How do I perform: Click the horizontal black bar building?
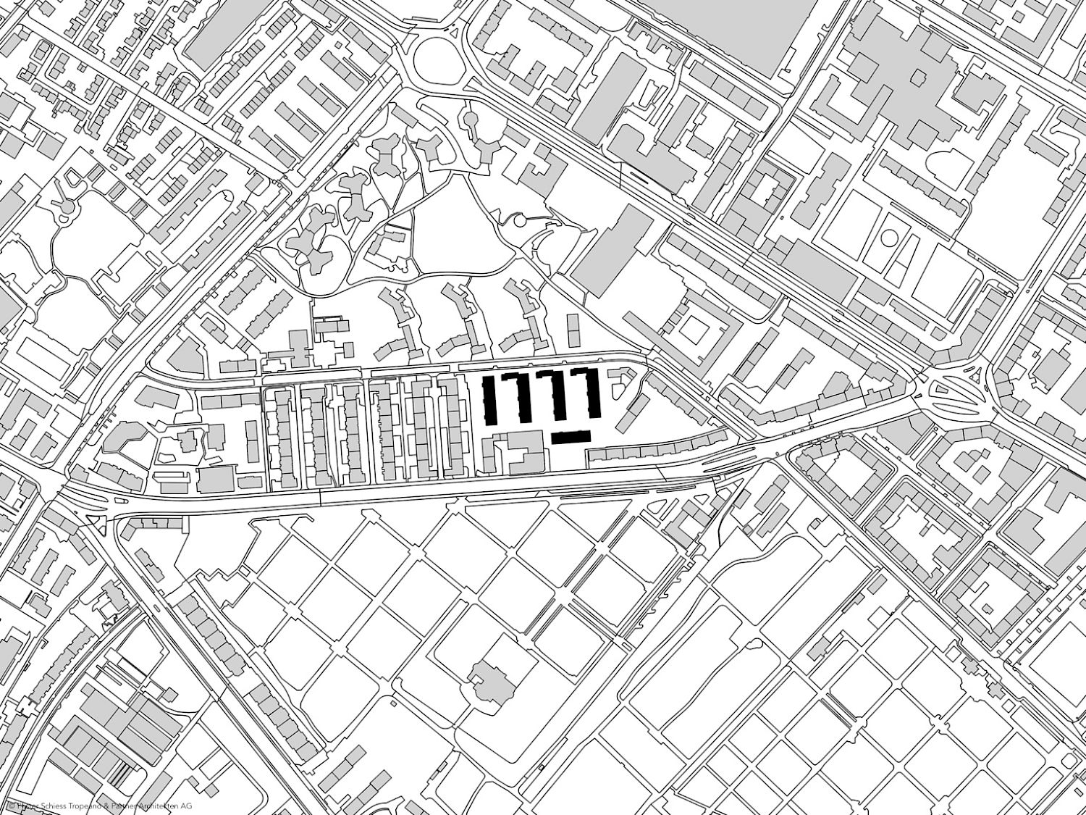click(571, 437)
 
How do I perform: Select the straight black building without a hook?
click(489, 399)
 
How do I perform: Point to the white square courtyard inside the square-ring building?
click(696, 331)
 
